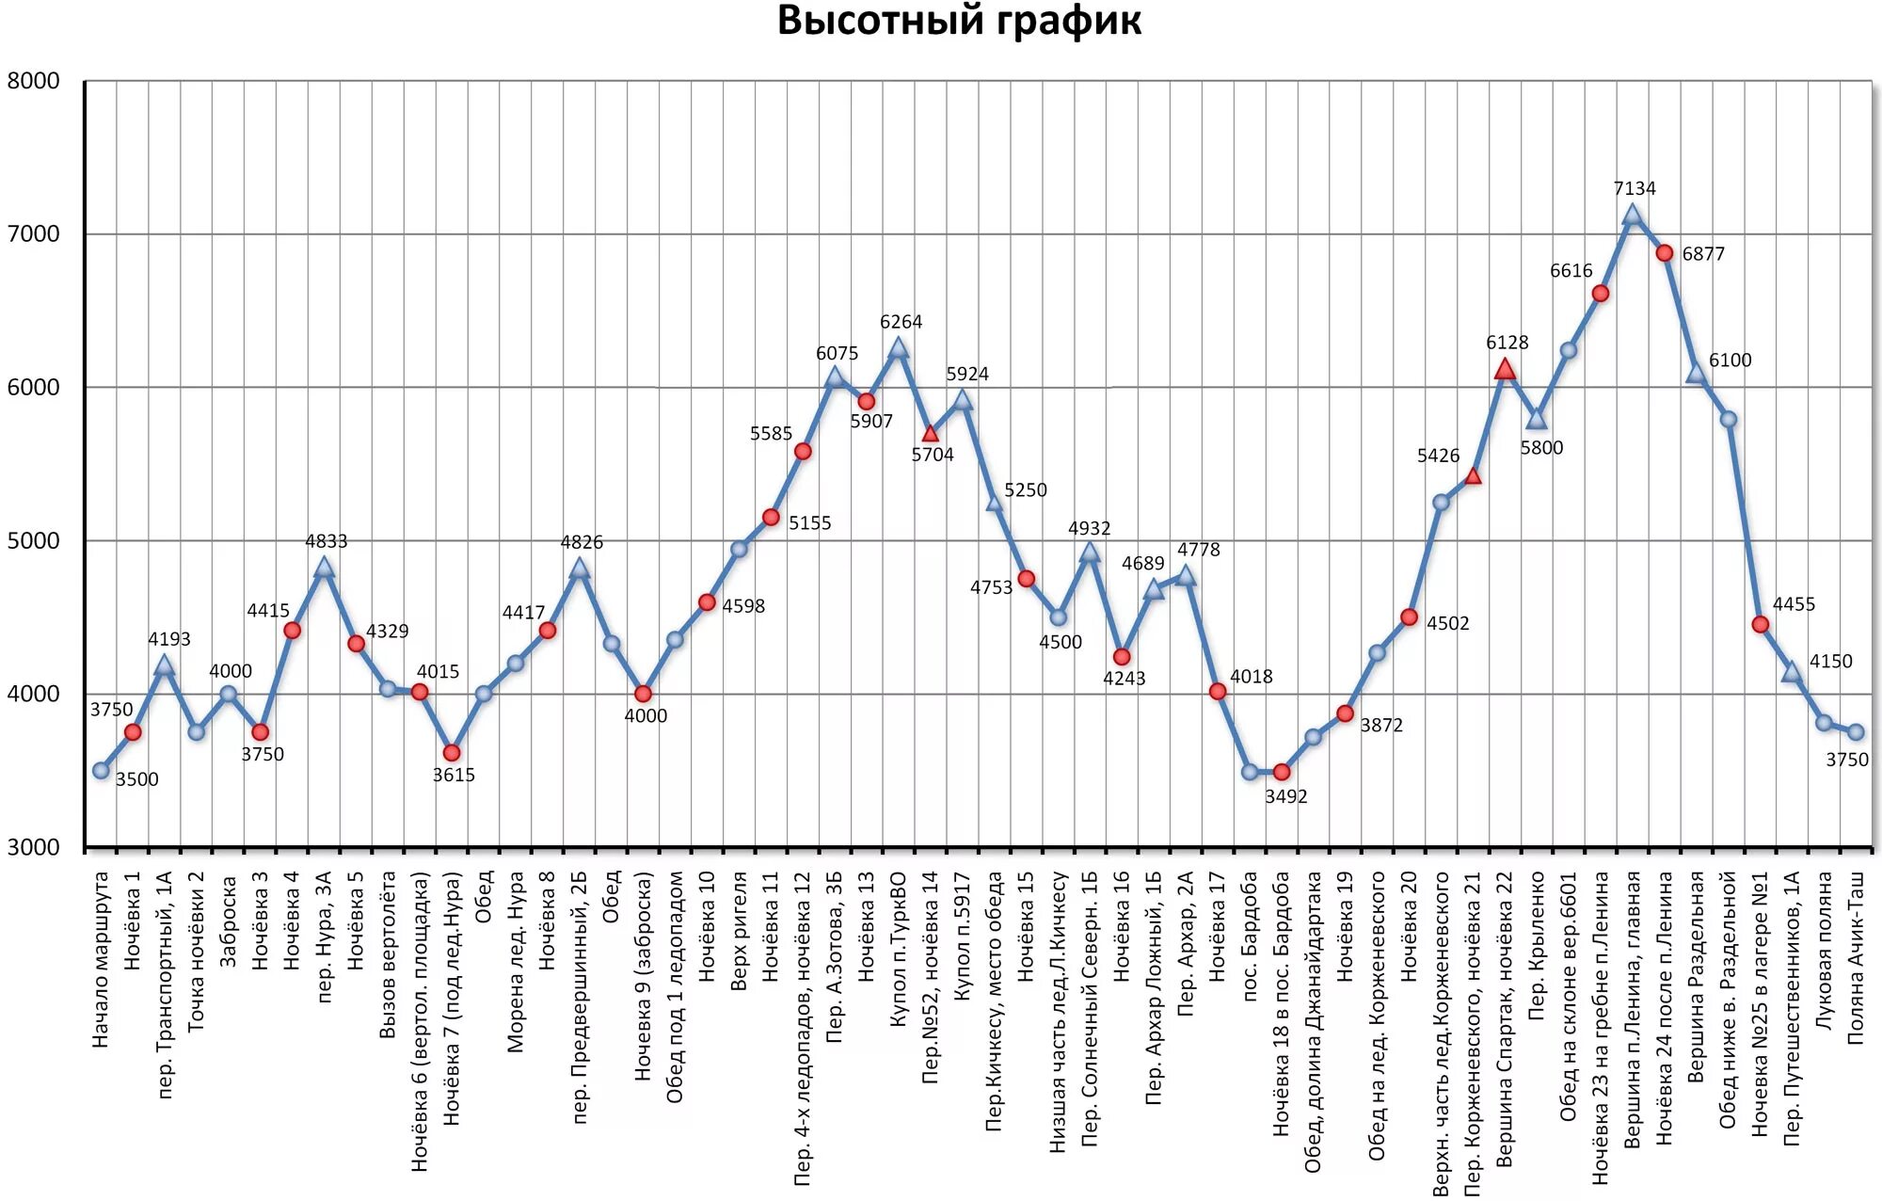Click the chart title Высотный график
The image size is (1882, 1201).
(958, 21)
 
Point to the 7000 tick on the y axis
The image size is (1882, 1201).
(34, 234)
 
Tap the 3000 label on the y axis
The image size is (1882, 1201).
(34, 847)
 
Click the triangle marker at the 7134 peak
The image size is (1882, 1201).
(1633, 216)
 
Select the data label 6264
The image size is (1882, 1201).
(901, 322)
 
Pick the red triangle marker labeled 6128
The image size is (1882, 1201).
(1505, 369)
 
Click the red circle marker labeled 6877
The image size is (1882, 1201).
(1665, 253)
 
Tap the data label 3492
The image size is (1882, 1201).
(1285, 796)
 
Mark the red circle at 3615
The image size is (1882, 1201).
(452, 753)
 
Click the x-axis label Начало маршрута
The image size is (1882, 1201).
(101, 959)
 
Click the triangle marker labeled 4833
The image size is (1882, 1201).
(324, 568)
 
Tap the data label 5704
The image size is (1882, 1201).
(932, 455)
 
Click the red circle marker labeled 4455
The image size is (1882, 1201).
(1761, 624)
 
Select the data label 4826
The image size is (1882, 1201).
(582, 542)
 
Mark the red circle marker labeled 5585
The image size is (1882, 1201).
(803, 452)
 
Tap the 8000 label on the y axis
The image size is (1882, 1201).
(34, 81)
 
